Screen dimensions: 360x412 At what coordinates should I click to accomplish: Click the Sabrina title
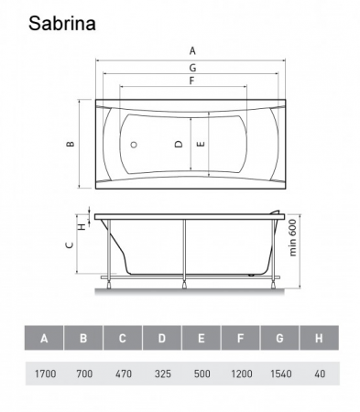62,24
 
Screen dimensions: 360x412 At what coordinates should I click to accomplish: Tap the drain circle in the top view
134,145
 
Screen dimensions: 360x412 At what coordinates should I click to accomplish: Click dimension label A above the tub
192,50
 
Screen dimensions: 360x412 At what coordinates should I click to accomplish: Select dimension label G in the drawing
192,68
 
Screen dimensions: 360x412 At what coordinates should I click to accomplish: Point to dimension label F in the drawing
191,81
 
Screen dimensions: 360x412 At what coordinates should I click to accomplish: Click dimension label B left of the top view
71,144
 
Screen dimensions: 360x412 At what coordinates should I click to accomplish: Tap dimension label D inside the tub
179,144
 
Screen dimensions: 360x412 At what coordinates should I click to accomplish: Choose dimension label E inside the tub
201,144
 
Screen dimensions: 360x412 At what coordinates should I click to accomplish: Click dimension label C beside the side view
70,244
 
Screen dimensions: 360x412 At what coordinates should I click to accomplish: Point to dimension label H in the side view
82,226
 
